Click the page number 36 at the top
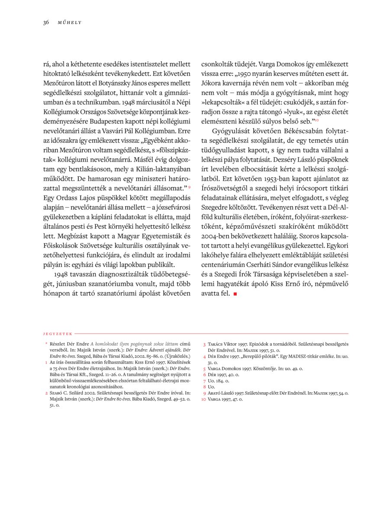(x=46, y=22)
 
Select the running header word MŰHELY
(x=70, y=23)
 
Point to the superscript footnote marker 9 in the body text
(x=189, y=187)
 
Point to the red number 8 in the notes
(x=204, y=387)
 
